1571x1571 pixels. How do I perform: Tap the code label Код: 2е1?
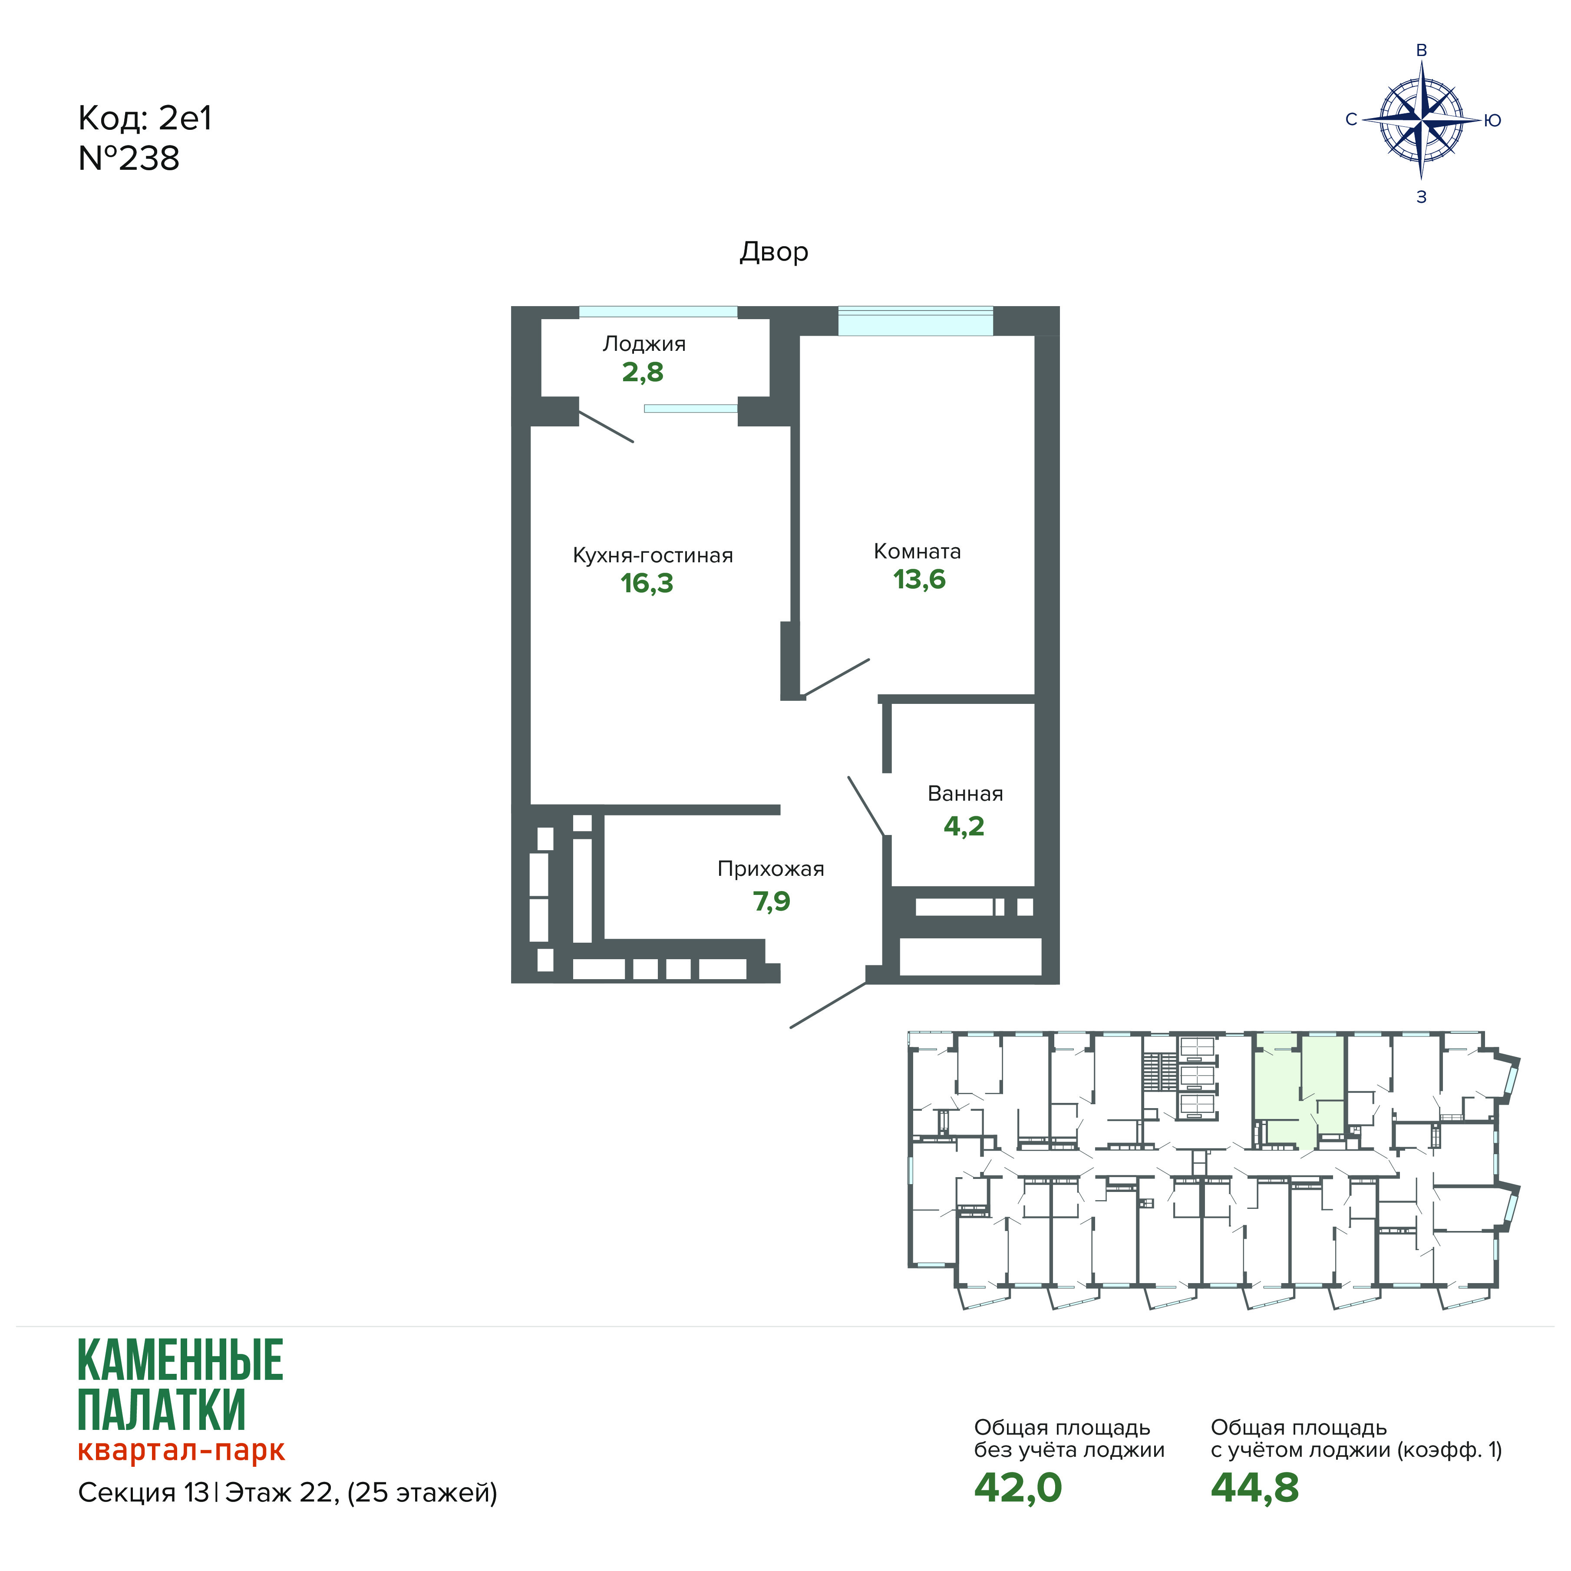point(145,119)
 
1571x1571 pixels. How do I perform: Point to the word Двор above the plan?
point(773,252)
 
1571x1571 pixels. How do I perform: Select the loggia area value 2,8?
point(642,373)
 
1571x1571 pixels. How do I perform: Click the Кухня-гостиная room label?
point(653,555)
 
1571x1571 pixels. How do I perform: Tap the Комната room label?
point(917,551)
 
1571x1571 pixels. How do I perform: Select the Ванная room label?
point(965,794)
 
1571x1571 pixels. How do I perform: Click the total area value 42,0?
point(1018,1487)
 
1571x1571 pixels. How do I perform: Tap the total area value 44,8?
point(1255,1487)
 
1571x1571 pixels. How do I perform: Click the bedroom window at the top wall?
point(916,320)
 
